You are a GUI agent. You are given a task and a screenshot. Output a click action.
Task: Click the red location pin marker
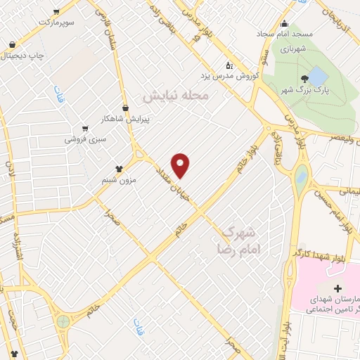pos(181,165)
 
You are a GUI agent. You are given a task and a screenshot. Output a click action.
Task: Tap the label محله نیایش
pos(176,95)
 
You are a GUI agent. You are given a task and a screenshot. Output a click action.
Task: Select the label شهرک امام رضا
pos(239,239)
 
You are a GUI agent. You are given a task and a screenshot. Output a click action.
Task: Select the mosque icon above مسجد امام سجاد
pos(284,23)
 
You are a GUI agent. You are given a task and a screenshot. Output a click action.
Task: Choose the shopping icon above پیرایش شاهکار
pos(126,108)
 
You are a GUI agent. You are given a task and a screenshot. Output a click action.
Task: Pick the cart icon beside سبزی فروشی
pos(85,129)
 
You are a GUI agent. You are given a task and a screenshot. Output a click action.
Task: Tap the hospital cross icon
pos(338,289)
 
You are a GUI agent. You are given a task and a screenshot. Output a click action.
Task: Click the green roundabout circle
pos(64,321)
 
